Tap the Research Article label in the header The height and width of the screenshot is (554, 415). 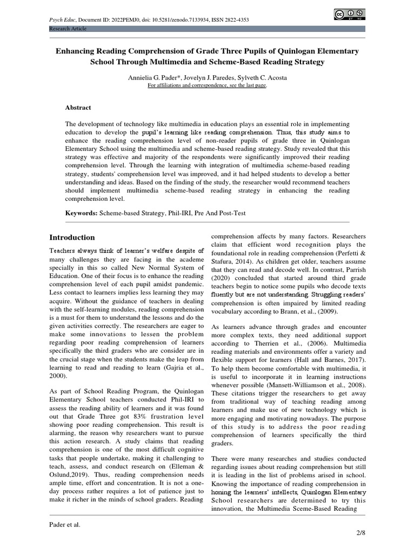pos(68,28)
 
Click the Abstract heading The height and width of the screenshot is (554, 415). pos(78,108)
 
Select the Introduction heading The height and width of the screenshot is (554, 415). pos(72,238)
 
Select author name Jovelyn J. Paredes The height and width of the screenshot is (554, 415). pos(207,77)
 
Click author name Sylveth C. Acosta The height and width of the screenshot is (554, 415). pos(263,77)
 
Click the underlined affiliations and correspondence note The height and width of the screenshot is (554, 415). pos(207,85)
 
